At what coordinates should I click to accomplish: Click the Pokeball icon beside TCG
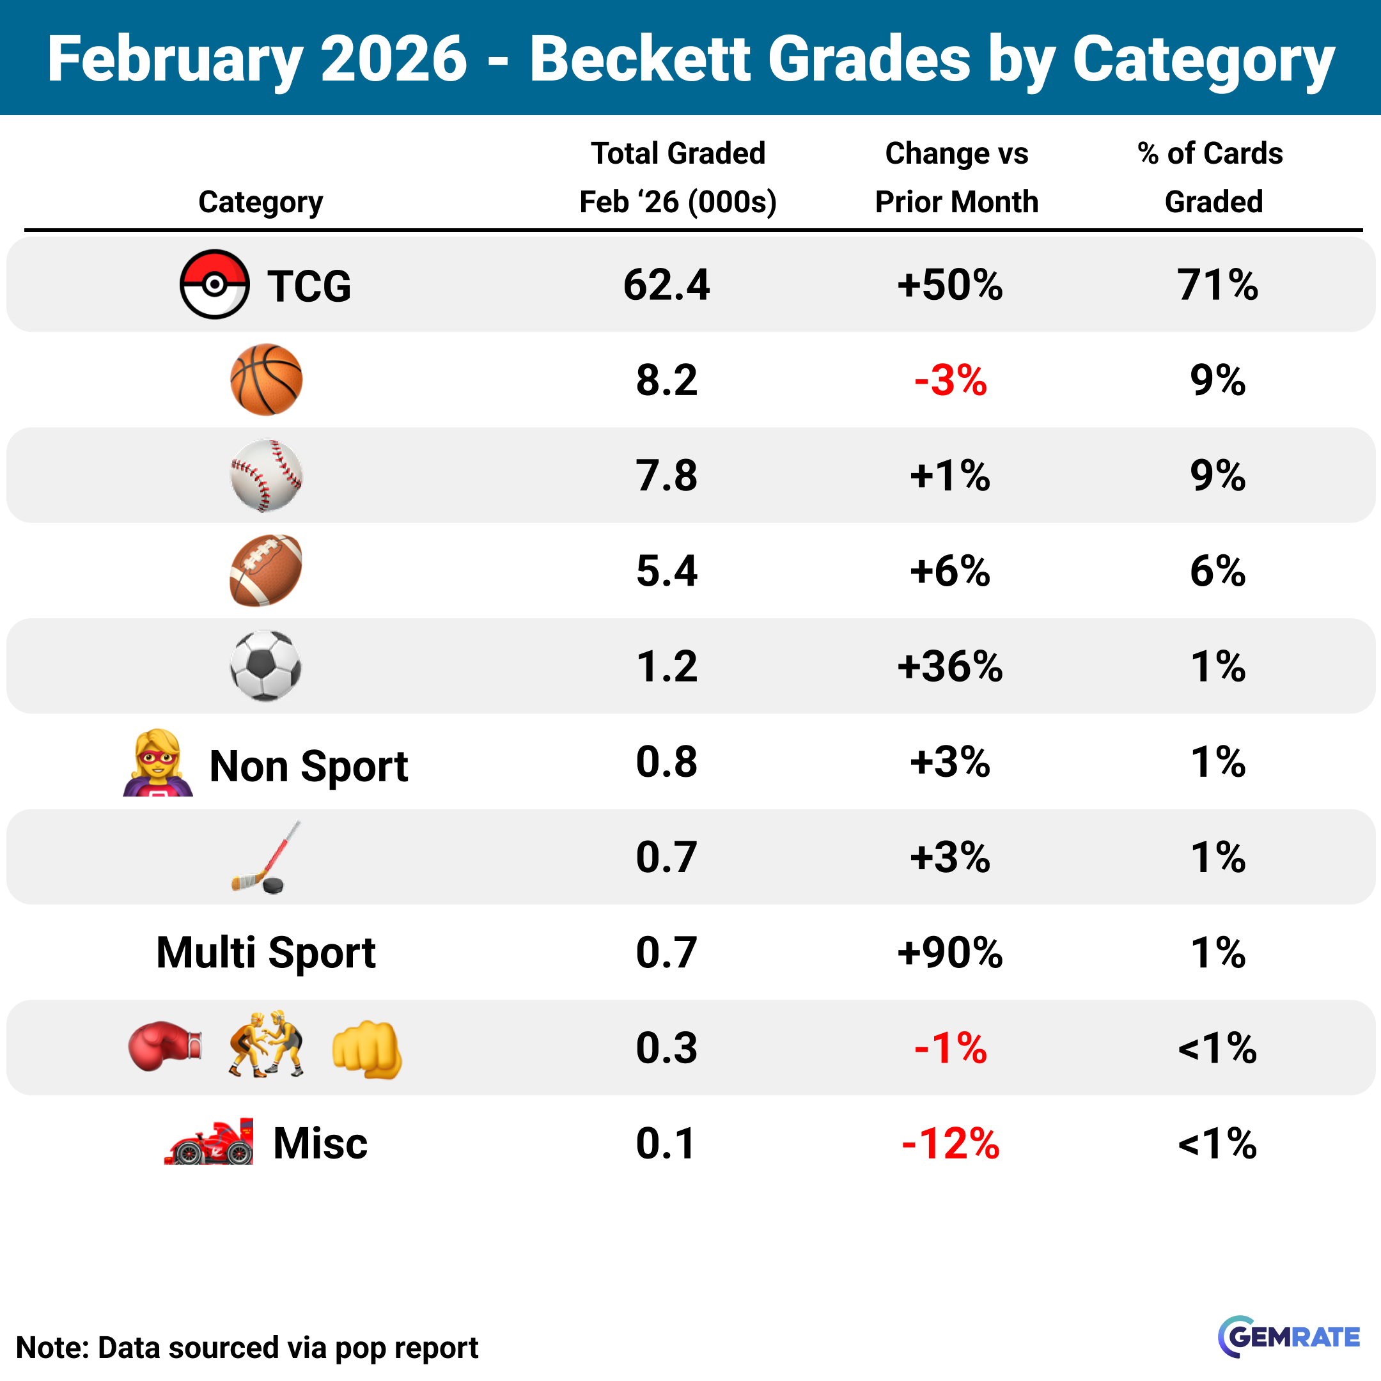pyautogui.click(x=214, y=285)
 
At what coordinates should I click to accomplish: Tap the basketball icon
pyautogui.click(x=266, y=380)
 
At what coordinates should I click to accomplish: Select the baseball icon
pyautogui.click(x=266, y=475)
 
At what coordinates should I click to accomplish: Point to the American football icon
pyautogui.click(x=266, y=570)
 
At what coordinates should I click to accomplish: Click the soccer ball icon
pyautogui.click(x=266, y=666)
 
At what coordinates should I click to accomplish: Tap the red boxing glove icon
pyautogui.click(x=164, y=1047)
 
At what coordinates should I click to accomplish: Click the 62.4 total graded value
pyautogui.click(x=666, y=285)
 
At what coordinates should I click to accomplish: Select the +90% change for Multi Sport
pyautogui.click(x=950, y=952)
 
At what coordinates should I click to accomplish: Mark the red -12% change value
pyautogui.click(x=950, y=1143)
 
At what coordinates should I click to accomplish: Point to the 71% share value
pyautogui.click(x=1217, y=285)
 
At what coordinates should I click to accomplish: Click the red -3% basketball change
pyautogui.click(x=950, y=380)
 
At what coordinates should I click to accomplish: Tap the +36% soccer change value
pyautogui.click(x=950, y=666)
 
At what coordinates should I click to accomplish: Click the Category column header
pyautogui.click(x=260, y=201)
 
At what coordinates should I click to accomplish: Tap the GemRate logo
pyautogui.click(x=1288, y=1336)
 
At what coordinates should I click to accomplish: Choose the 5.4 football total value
pyautogui.click(x=666, y=570)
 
